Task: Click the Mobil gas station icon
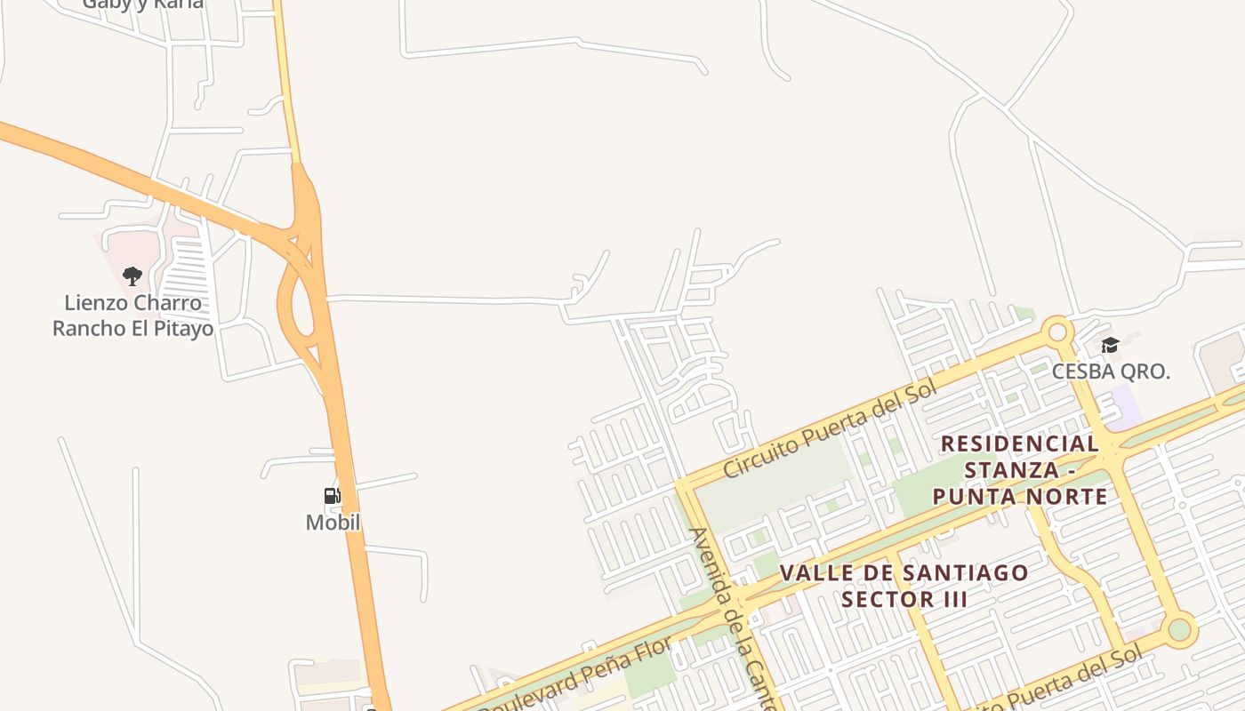pos(332,496)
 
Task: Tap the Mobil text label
pos(333,523)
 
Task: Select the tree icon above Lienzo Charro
pos(133,276)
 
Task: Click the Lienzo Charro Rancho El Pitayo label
pos(133,316)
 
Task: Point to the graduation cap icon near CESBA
pos(1110,345)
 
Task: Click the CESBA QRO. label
pos(1111,371)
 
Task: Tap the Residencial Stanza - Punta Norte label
pos(1020,469)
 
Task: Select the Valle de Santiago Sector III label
pos(904,586)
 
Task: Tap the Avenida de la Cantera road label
pos(735,618)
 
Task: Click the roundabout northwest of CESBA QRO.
pos(1056,332)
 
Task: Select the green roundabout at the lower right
pos(1179,629)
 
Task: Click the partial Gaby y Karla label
pos(143,4)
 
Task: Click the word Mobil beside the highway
pos(333,523)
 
